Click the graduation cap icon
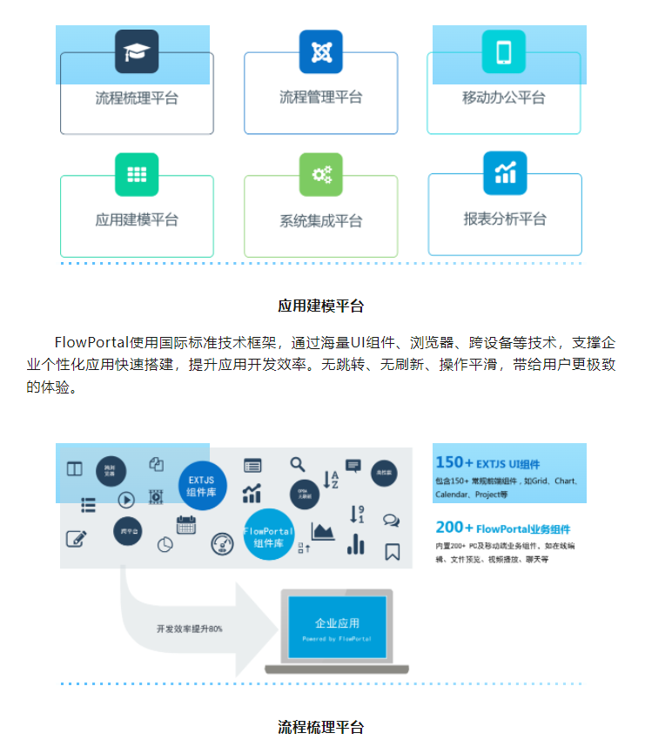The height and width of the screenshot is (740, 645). coord(137,51)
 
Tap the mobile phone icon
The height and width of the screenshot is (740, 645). coord(504,51)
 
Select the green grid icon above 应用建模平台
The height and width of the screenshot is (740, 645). coord(137,174)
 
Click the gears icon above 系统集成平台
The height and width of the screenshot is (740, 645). coord(321,174)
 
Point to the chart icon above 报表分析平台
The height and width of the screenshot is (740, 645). coord(505,172)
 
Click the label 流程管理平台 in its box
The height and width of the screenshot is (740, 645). coord(320,98)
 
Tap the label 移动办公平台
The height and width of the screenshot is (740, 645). coord(504,98)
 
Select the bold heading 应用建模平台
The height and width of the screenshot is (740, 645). coord(320,306)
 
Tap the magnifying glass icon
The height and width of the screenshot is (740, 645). coord(298,465)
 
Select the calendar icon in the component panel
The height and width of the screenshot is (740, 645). coord(185,525)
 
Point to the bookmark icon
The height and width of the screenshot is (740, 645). coord(392,552)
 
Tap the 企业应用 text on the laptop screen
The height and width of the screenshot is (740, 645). coord(337,623)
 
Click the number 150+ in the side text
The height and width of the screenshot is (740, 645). coord(454,463)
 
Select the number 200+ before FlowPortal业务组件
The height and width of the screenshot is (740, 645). coord(454,528)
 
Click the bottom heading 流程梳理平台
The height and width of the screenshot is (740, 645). coord(320,726)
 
